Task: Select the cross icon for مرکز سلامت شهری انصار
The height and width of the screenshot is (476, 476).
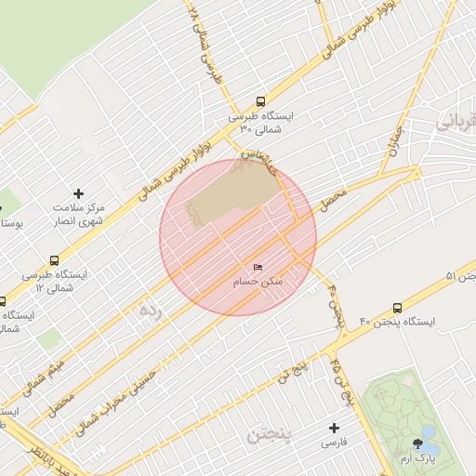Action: (x=78, y=193)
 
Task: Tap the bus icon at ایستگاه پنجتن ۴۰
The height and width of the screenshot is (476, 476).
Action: (x=398, y=308)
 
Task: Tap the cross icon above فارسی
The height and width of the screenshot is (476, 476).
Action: (x=334, y=428)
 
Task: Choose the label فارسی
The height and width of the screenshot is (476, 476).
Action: (x=334, y=443)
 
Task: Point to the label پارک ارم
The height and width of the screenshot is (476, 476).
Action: (x=417, y=458)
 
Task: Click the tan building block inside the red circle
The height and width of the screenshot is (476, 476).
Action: (x=232, y=196)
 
